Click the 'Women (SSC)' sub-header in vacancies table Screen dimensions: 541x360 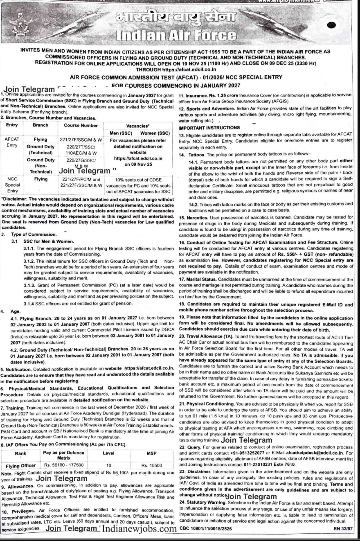coord(153,133)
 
